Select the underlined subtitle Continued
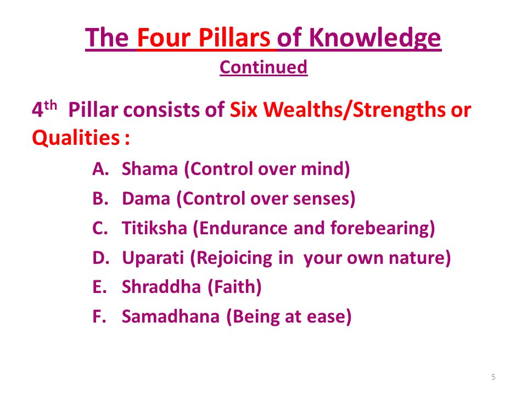coord(263,67)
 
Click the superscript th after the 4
coord(51,105)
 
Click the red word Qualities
coord(76,138)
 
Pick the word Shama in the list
coord(149,168)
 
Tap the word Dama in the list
coord(146,198)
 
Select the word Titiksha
coord(154,228)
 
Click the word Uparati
coord(153,258)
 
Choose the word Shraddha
coord(161,287)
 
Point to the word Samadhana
coord(170,317)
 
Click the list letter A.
coord(100,168)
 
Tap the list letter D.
coord(100,258)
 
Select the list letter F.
coord(99,317)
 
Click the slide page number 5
coord(494,377)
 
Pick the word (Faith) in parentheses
coord(234,287)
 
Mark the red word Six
coord(243,110)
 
